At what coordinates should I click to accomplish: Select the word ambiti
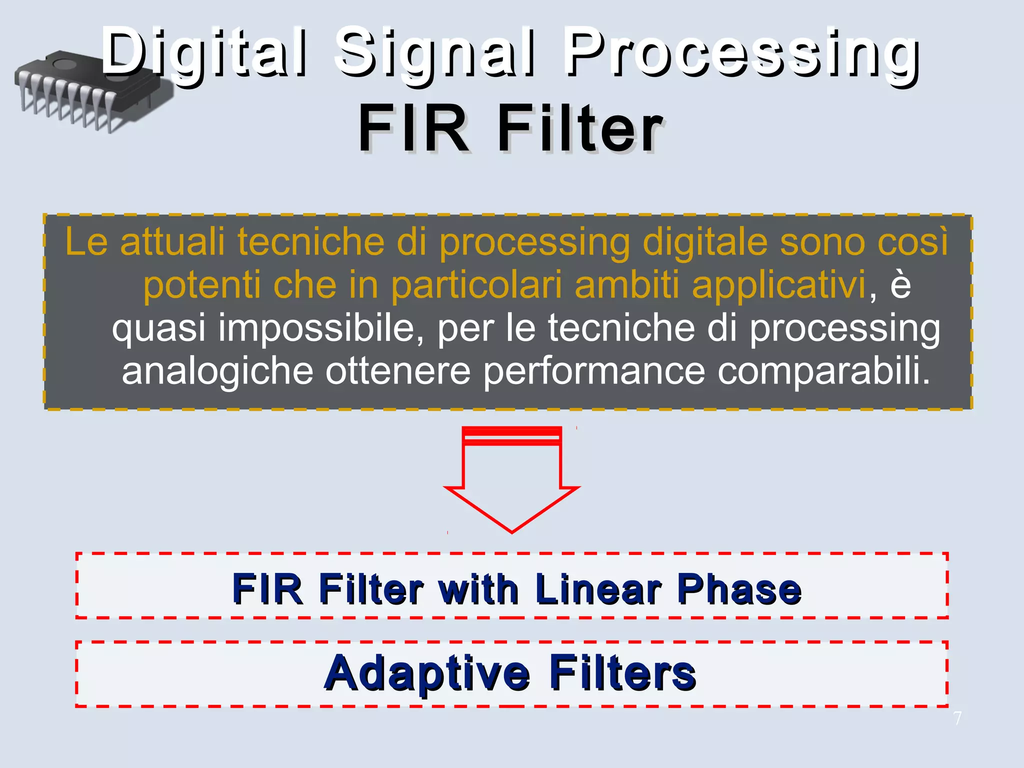pyautogui.click(x=627, y=285)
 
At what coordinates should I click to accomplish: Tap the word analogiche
pyautogui.click(x=217, y=371)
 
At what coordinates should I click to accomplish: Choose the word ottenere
pyautogui.click(x=398, y=371)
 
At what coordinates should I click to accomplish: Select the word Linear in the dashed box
pyautogui.click(x=598, y=589)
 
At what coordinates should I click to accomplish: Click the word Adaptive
pyautogui.click(x=427, y=673)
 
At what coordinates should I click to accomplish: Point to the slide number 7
pyautogui.click(x=957, y=718)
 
